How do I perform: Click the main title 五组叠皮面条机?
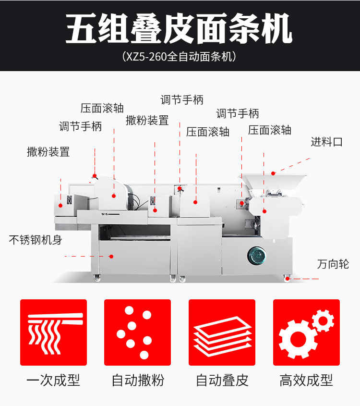(x=179, y=28)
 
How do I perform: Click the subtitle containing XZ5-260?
(x=179, y=56)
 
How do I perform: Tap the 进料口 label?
(x=326, y=142)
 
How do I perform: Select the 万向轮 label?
(x=333, y=264)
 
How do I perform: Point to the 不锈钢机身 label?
(x=36, y=240)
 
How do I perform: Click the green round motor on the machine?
(x=256, y=256)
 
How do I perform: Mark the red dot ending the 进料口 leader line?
(x=273, y=173)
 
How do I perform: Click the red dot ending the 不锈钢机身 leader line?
(x=111, y=257)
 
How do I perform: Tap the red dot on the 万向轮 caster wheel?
(x=288, y=279)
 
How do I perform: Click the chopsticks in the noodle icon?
(x=55, y=319)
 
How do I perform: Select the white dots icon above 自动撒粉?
(x=134, y=332)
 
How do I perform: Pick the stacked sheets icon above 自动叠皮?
(x=222, y=336)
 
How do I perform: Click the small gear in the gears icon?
(x=323, y=321)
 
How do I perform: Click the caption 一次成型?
(x=53, y=380)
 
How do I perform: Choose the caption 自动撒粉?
(x=138, y=380)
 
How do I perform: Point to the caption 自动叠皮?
(x=222, y=380)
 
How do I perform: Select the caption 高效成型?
(x=306, y=380)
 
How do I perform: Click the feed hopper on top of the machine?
(x=273, y=183)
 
